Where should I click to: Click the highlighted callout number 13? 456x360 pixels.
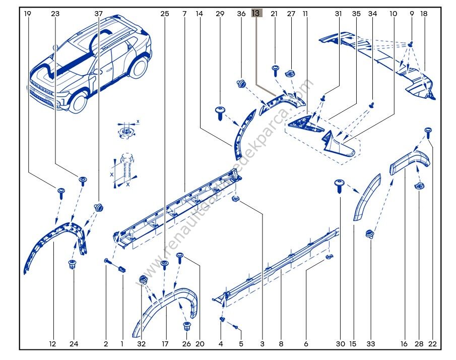click(256, 14)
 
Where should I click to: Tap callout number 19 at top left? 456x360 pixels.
click(27, 14)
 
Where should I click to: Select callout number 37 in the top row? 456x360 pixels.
click(98, 14)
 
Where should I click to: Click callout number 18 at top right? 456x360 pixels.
click(424, 14)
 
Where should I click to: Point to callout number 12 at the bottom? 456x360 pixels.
click(52, 344)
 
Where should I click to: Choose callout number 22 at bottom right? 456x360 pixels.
click(432, 344)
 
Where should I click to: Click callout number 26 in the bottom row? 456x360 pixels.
click(186, 344)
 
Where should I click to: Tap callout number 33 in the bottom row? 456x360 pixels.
click(371, 344)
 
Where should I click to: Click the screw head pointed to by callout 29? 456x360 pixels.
click(220, 110)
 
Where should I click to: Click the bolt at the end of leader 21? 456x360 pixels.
click(276, 69)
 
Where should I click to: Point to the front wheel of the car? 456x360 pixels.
click(79, 101)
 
